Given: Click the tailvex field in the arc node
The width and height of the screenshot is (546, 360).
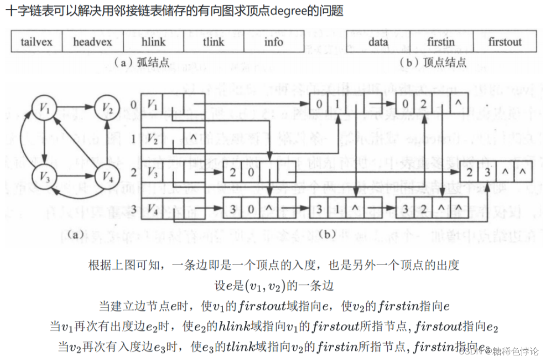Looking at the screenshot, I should pos(36,42).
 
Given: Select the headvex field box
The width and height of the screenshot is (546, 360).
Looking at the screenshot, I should pos(92,42).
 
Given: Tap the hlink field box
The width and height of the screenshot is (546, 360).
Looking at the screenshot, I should pos(153,42).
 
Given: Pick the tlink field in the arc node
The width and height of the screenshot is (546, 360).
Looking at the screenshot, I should pos(213,42).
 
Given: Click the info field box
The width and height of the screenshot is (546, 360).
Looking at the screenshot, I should pos(274,42).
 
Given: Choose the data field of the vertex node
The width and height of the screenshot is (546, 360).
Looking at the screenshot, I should pos(378,42).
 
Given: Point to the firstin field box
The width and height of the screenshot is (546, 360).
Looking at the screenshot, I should pos(440,42).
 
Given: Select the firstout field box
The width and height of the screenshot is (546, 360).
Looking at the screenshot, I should pos(504,42).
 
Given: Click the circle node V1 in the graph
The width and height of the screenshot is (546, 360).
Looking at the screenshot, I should pos(44,108).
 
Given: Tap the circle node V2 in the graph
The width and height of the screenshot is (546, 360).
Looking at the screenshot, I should pos(107,108).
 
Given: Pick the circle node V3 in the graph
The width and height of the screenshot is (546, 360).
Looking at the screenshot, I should pos(44,177).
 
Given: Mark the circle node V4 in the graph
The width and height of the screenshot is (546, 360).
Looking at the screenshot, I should pos(107,177).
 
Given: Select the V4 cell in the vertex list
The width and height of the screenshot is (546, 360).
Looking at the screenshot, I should pos(151,208).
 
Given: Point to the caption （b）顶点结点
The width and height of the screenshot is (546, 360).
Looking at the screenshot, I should pos(433,63).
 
